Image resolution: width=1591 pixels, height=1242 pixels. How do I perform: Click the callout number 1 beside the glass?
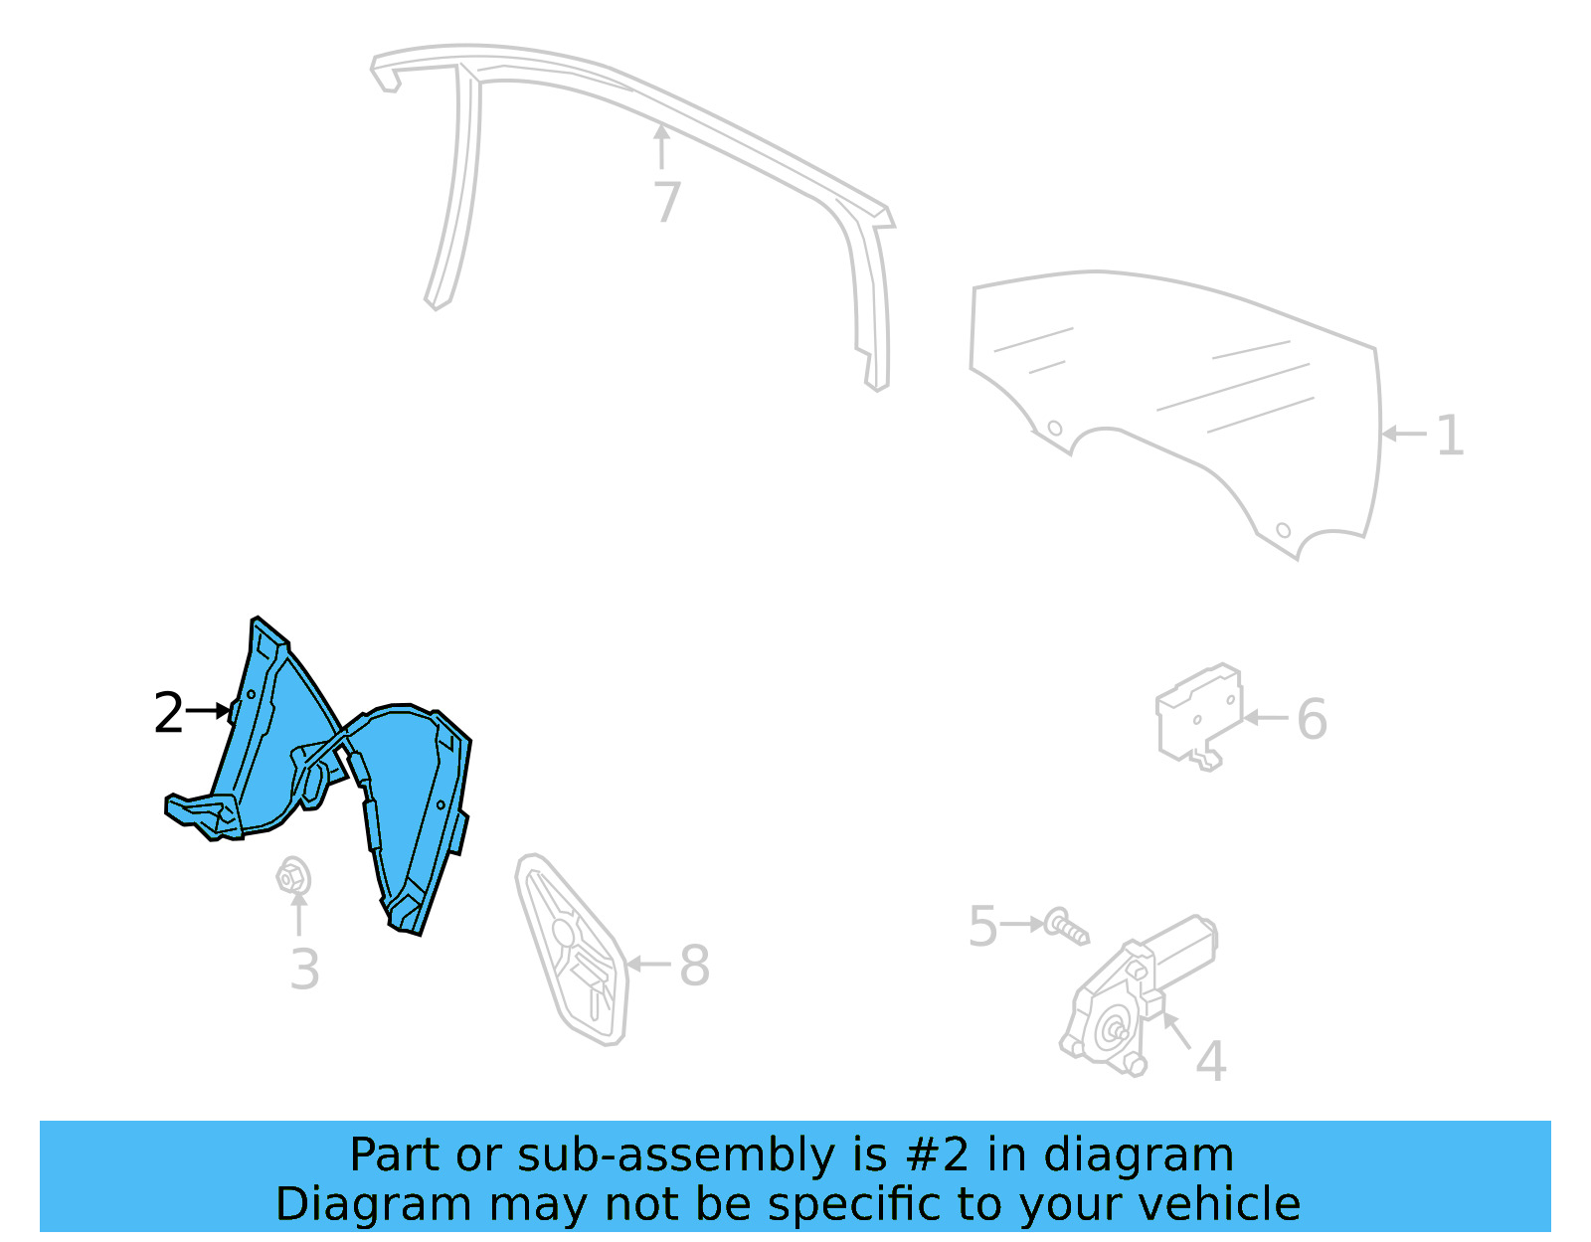pyautogui.click(x=1451, y=436)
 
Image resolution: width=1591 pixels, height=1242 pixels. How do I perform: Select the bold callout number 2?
pyautogui.click(x=168, y=713)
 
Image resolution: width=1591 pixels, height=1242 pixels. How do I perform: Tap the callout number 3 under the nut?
pyautogui.click(x=304, y=970)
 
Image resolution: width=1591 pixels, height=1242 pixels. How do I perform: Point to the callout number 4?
pyautogui.click(x=1210, y=1061)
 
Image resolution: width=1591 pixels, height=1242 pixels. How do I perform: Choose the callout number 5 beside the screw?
pyautogui.click(x=982, y=927)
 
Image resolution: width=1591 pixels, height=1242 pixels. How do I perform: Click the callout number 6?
pyautogui.click(x=1312, y=719)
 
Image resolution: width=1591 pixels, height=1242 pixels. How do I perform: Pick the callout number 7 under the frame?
pyautogui.click(x=667, y=202)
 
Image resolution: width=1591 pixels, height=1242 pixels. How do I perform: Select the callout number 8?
pyautogui.click(x=694, y=966)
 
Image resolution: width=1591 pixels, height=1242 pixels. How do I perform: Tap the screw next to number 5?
pyautogui.click(x=1067, y=927)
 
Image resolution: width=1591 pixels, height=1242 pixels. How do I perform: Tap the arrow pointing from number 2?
pyautogui.click(x=209, y=711)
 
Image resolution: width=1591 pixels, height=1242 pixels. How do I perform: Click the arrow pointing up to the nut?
pyautogui.click(x=298, y=913)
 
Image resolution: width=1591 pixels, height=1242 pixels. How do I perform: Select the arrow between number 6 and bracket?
pyautogui.click(x=1266, y=717)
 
